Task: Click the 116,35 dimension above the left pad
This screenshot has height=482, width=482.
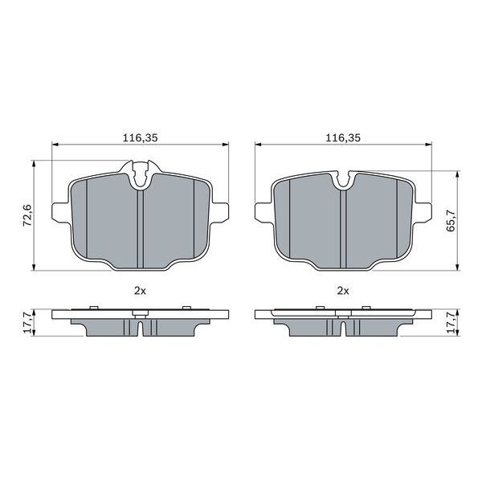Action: point(140,138)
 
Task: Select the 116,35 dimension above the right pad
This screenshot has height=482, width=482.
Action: point(342,138)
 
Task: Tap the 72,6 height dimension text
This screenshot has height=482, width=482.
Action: point(27,215)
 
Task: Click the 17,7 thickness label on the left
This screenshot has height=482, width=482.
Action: point(27,322)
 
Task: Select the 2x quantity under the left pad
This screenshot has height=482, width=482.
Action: point(140,290)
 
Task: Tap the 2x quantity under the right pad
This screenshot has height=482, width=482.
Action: point(342,290)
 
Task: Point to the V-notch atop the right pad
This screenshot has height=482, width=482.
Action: point(343,180)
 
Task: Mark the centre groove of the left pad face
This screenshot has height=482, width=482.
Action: point(140,229)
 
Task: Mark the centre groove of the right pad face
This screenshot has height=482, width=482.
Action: point(343,229)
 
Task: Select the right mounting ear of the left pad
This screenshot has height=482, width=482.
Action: point(221,212)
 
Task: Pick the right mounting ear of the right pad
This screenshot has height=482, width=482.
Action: point(424,212)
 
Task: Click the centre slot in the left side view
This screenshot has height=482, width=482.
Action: point(140,329)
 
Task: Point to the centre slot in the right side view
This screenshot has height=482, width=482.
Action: point(343,329)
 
